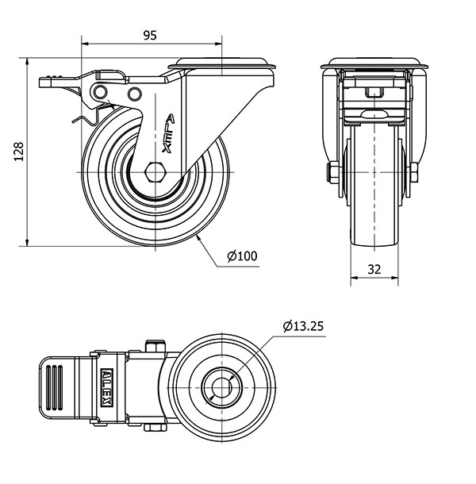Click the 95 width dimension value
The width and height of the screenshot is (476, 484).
(x=150, y=36)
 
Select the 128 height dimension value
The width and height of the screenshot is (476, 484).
(x=19, y=152)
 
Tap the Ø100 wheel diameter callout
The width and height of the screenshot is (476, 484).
(x=242, y=256)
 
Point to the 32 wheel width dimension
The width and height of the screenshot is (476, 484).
(x=374, y=270)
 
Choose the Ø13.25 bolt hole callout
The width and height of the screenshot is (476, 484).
(x=303, y=326)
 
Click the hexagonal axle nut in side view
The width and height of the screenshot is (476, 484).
(x=155, y=172)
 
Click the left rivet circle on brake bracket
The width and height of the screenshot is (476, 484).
(x=101, y=92)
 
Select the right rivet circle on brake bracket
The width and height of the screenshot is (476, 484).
(x=135, y=94)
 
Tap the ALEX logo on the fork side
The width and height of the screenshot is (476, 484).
(x=168, y=133)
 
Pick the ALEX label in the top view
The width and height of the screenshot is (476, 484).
(x=107, y=387)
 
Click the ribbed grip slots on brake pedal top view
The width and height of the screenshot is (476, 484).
(x=54, y=387)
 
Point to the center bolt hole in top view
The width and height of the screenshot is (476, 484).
(x=221, y=388)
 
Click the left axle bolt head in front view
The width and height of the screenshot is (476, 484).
(x=333, y=172)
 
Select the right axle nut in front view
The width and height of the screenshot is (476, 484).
(x=414, y=172)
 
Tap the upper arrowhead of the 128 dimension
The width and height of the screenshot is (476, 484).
(x=28, y=61)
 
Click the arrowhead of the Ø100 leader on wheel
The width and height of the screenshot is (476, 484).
(x=198, y=237)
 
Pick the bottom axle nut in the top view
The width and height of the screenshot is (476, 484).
(x=155, y=428)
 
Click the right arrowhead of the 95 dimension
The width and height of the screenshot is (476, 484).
(x=218, y=44)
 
